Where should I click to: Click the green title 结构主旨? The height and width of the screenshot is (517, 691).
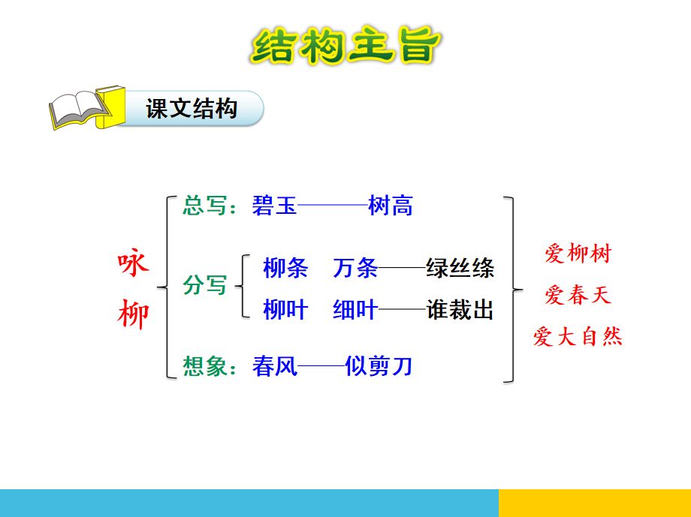[346, 45]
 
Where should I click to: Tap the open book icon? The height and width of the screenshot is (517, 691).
[87, 108]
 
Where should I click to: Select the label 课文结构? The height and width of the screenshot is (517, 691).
[192, 108]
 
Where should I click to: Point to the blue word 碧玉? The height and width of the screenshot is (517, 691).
[275, 206]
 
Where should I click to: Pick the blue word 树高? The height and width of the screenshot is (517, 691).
[391, 206]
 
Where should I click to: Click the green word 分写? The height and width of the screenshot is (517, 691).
[205, 285]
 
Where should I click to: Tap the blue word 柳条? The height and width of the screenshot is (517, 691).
[285, 268]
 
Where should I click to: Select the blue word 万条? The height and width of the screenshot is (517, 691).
[355, 268]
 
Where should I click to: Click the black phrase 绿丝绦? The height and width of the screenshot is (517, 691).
[460, 268]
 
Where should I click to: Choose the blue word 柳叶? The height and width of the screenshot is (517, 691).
[285, 309]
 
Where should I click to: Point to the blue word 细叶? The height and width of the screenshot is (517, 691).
[355, 309]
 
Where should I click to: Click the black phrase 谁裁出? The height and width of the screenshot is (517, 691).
[460, 309]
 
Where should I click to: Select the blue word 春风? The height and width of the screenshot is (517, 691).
[275, 366]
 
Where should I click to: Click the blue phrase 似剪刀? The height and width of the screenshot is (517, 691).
[379, 366]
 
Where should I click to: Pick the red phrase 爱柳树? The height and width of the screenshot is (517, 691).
[578, 253]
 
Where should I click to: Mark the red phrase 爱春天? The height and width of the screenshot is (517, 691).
[578, 295]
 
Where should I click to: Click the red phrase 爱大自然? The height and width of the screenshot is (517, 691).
[578, 336]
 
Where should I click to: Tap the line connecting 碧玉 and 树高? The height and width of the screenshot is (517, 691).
[333, 205]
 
